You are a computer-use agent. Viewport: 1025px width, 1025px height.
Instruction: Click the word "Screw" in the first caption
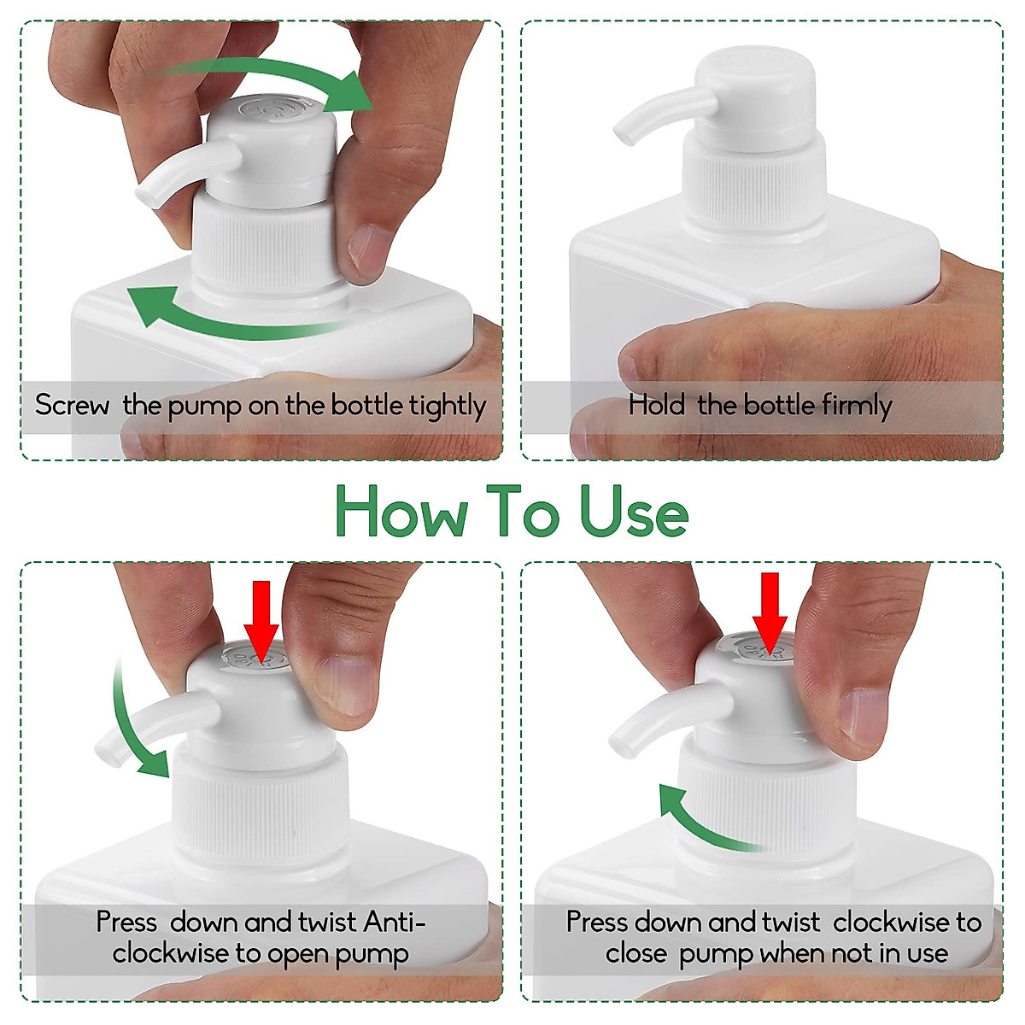[72, 405]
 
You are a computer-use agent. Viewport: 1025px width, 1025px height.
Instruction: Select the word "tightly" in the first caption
[447, 406]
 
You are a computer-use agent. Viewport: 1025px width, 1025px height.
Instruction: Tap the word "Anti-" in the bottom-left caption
[394, 922]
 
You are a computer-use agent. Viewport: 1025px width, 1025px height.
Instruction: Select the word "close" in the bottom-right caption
[635, 953]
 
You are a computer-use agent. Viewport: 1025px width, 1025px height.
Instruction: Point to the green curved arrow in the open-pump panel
[137, 726]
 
